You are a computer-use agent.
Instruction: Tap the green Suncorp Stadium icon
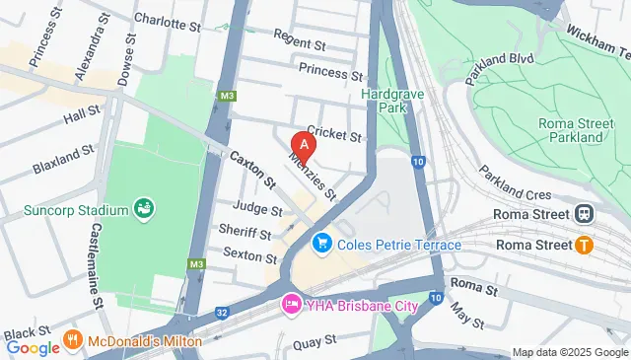145,209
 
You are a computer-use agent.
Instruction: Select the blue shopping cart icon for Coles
320,243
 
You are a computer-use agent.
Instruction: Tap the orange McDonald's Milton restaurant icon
72,340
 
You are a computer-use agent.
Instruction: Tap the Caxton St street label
252,171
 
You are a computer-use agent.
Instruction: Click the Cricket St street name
334,132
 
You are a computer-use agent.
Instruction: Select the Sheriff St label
246,233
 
